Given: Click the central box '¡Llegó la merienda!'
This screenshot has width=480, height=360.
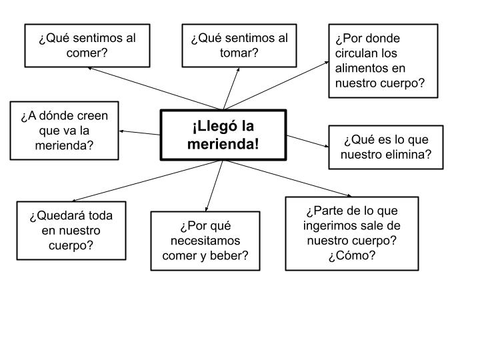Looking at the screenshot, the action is (223, 135).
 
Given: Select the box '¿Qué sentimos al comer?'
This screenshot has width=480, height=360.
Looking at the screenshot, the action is (87, 45).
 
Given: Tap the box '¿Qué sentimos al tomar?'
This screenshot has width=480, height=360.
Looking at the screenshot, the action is (239, 45).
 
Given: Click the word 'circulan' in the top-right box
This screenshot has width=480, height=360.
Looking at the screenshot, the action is (366, 53).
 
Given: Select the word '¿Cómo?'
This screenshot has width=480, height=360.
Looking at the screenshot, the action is (352, 255).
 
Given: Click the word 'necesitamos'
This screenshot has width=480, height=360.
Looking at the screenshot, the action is (205, 241).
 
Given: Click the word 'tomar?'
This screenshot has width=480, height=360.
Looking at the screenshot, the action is (239, 53).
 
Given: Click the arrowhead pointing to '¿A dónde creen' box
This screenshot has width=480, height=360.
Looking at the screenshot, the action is (121, 131).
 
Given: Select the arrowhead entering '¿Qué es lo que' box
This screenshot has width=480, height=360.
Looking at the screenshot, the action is (326, 146).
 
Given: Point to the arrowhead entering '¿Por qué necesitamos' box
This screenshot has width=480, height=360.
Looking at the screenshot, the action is (207, 209).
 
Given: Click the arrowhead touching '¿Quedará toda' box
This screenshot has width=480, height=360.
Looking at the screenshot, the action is (75, 201).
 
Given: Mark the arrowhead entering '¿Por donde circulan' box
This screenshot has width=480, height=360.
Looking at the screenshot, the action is (326, 63).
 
